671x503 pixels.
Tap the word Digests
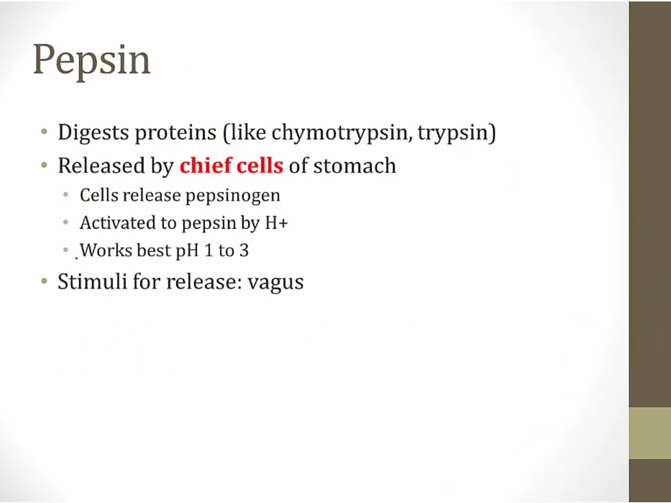tap(94, 133)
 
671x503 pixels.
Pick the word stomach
tap(355, 166)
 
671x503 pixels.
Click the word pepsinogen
tap(233, 196)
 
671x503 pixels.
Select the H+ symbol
tap(276, 223)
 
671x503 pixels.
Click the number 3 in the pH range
tap(244, 250)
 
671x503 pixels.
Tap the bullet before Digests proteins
tap(45, 132)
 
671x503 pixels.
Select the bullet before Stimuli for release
tap(45, 281)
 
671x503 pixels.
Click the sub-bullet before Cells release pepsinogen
tap(66, 195)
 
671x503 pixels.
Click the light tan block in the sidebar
tap(649, 433)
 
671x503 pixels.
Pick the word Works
tap(106, 250)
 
